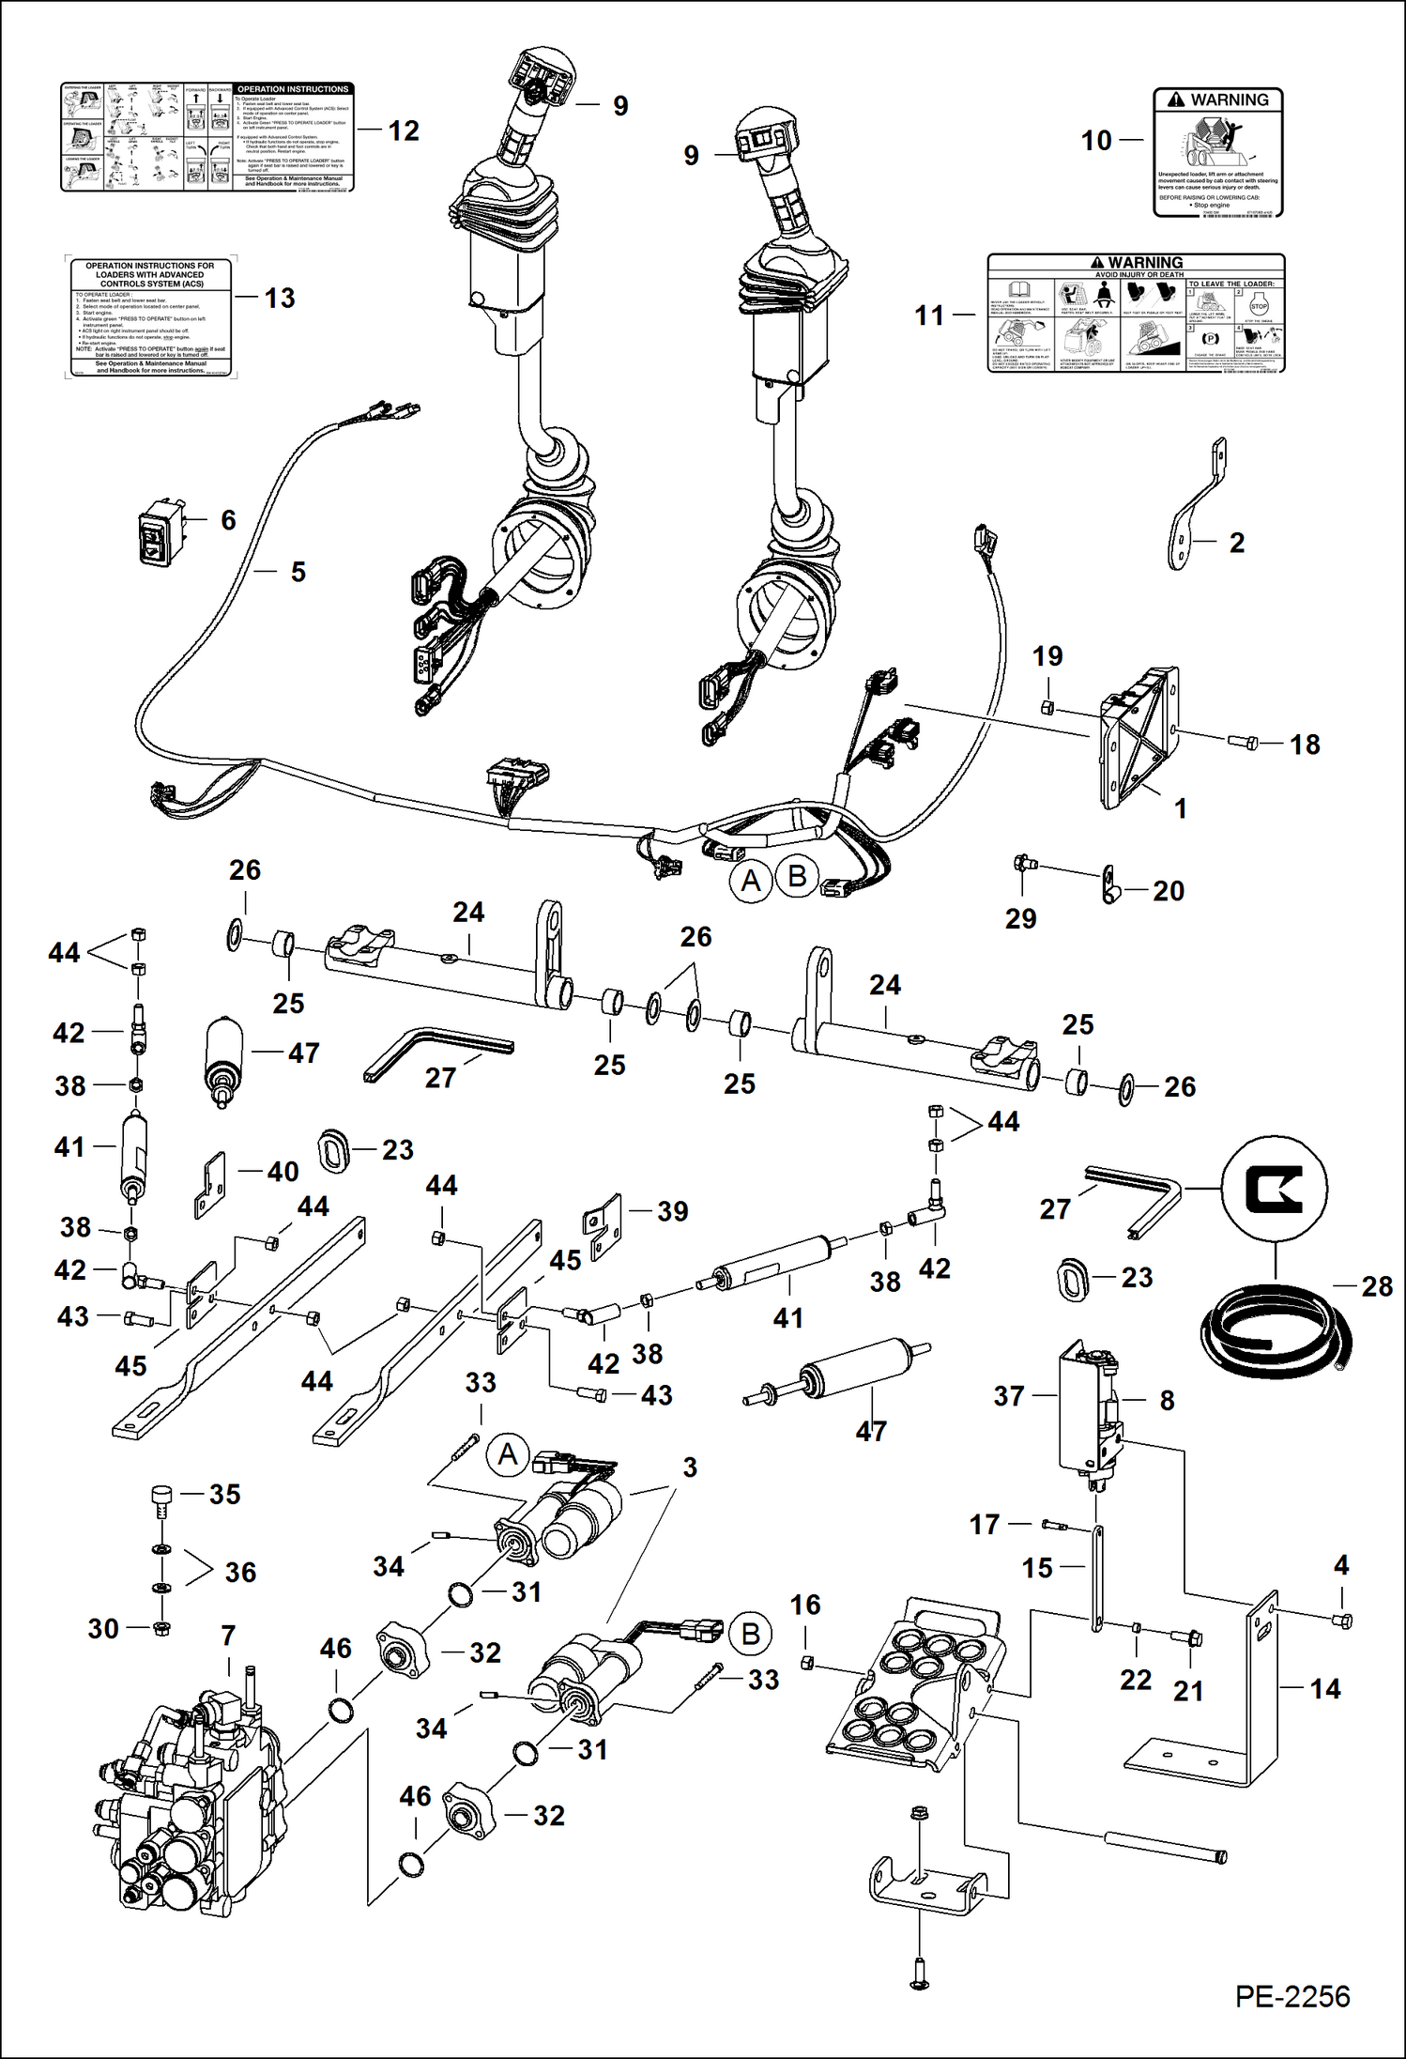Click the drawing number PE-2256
click(1291, 1997)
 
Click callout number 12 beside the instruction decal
click(404, 131)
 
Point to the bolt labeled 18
click(1243, 742)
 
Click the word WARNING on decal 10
click(1229, 100)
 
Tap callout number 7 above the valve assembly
click(228, 1636)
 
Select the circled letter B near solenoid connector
click(750, 1635)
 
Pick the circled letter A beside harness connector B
click(751, 882)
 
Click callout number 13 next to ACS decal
click(280, 298)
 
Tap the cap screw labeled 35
click(162, 1499)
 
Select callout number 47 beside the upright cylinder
click(303, 1053)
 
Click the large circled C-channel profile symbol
click(1274, 1190)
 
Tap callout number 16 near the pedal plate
click(805, 1605)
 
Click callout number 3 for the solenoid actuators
click(690, 1467)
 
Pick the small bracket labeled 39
click(603, 1225)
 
